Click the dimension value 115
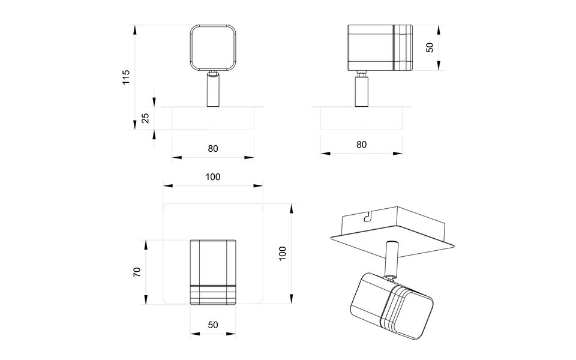[x=126, y=77]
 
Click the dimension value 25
[x=145, y=118]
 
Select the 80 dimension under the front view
[x=212, y=149]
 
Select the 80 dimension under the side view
[x=361, y=145]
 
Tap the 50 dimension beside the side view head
[x=430, y=47]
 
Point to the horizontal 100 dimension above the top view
[x=212, y=177]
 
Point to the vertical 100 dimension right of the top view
[x=283, y=253]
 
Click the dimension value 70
[x=137, y=271]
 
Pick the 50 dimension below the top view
[x=212, y=325]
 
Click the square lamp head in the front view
[x=212, y=47]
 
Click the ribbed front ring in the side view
[x=403, y=47]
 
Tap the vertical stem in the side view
[x=361, y=91]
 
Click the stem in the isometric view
[x=392, y=258]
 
